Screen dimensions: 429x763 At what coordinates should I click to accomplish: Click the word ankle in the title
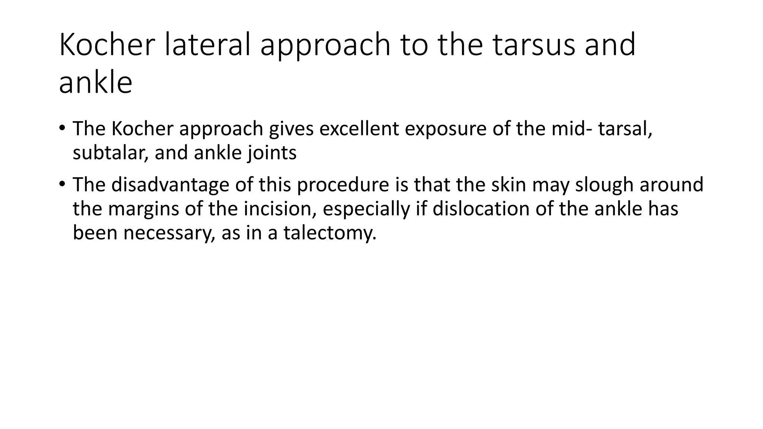95,83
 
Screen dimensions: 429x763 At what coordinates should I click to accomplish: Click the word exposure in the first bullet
445,128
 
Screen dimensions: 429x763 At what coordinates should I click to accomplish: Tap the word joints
272,153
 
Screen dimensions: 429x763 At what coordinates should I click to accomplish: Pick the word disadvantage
170,184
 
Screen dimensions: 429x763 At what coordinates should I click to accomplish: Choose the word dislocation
481,209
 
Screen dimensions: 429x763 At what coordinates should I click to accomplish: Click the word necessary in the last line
169,233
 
